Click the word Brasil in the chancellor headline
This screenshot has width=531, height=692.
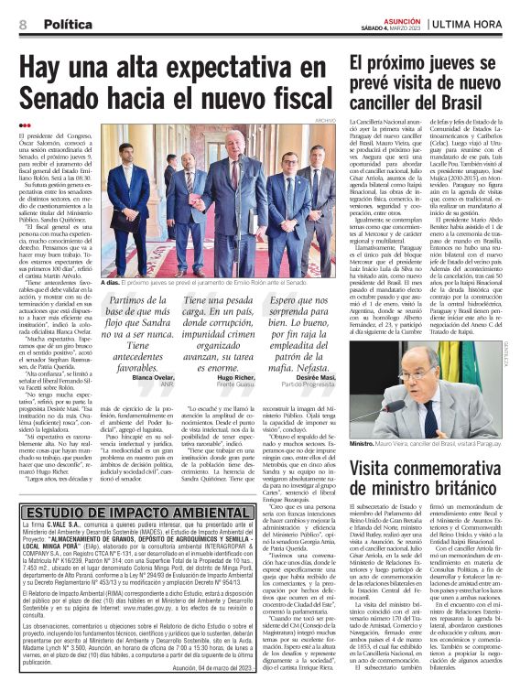pos(478,100)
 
